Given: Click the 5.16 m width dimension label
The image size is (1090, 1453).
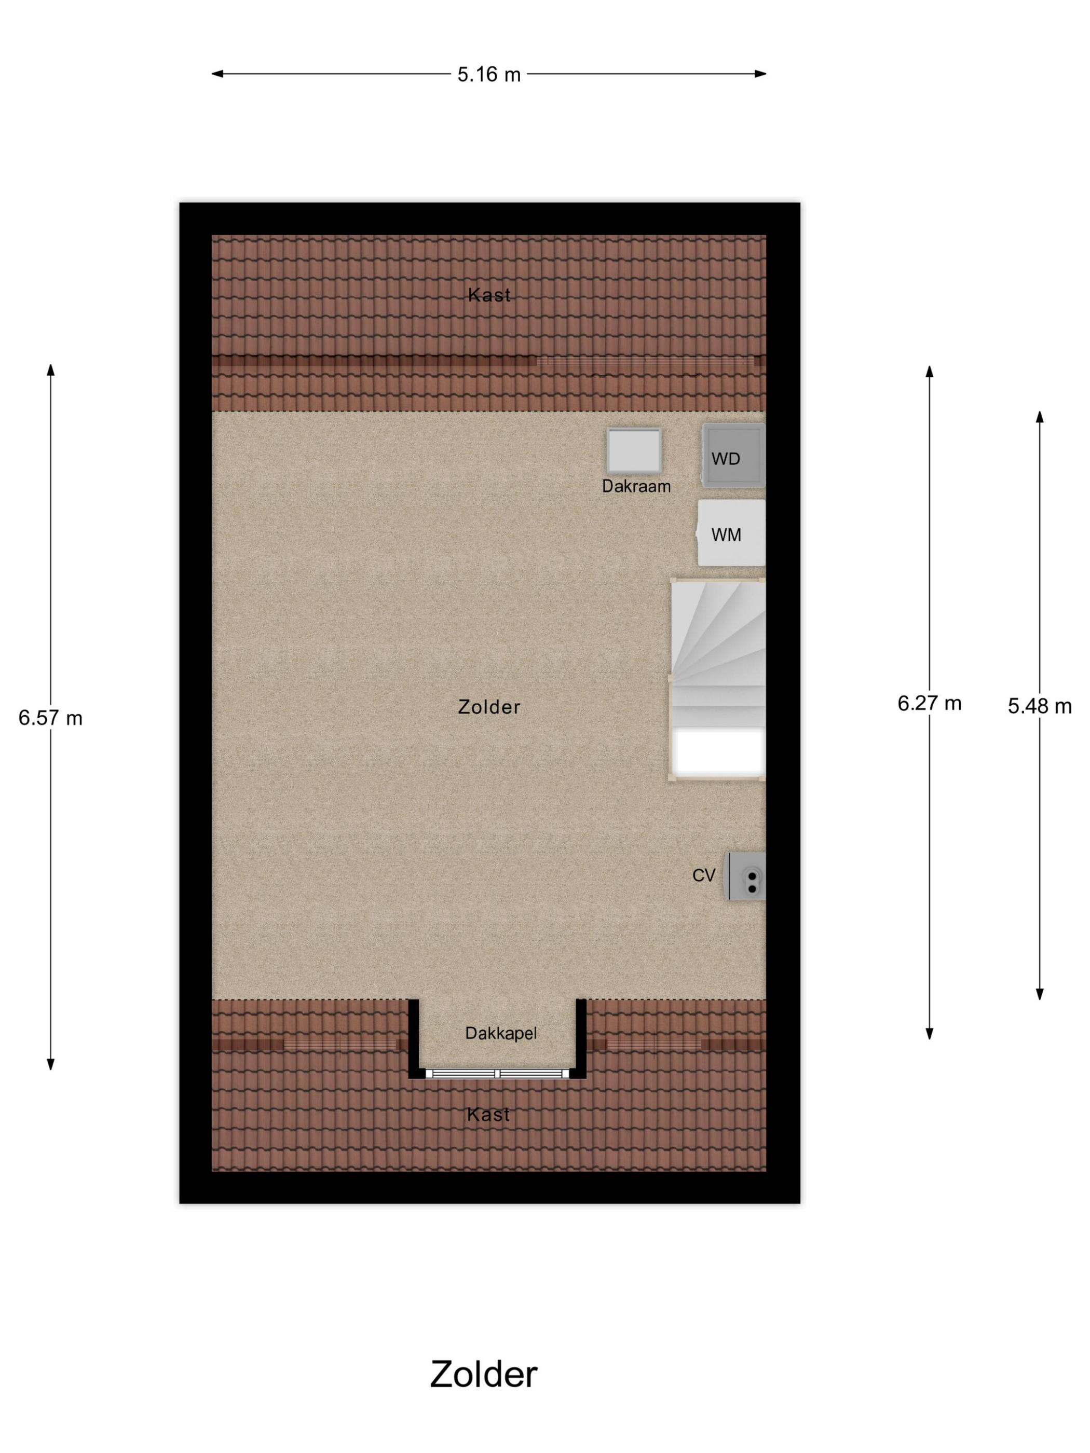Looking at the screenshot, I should (x=488, y=74).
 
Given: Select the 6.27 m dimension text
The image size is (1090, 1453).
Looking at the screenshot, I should (x=929, y=703).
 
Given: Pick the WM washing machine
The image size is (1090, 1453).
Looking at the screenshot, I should (x=731, y=533).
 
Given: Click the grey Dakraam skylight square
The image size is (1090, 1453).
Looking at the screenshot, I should (x=633, y=450).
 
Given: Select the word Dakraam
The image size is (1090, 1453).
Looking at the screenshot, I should (x=635, y=486).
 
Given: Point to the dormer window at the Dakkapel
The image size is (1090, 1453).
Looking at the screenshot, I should (x=497, y=1073).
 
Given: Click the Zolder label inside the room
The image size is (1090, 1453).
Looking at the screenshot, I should (x=489, y=707).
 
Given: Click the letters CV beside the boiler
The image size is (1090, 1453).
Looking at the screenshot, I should (x=703, y=875).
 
